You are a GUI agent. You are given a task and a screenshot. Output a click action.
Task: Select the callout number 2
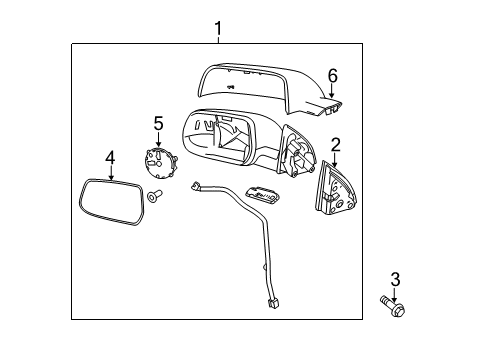[336, 144]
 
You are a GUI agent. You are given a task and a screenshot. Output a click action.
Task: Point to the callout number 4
[111, 156]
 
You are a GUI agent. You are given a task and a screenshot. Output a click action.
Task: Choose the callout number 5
[157, 123]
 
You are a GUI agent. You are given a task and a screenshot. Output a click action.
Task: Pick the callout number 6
[333, 75]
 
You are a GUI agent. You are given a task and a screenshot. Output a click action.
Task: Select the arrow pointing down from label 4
[111, 169]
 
